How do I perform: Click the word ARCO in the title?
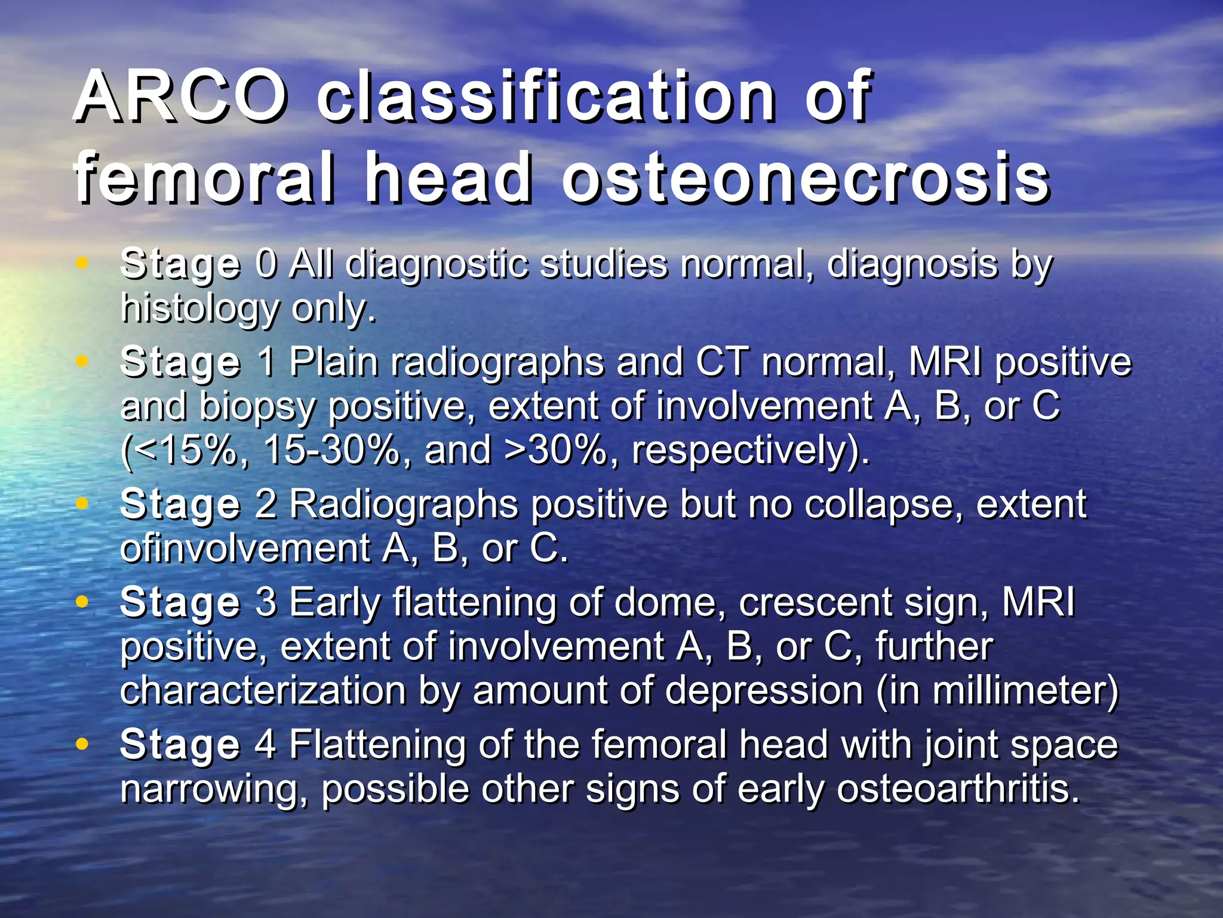point(179,96)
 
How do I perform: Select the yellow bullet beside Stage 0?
point(82,262)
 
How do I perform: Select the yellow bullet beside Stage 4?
point(82,743)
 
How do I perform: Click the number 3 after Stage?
point(266,602)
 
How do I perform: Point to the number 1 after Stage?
point(266,362)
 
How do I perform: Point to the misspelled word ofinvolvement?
point(245,548)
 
